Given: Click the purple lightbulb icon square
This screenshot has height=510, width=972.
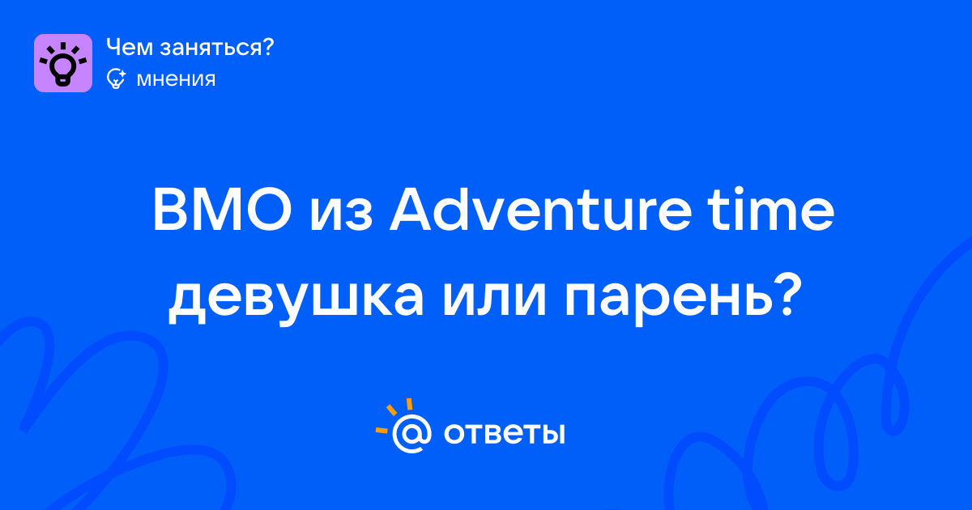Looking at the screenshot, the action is click(63, 63).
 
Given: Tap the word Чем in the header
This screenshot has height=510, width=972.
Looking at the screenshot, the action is click(130, 47).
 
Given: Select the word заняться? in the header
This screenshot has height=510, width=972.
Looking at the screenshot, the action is click(217, 49).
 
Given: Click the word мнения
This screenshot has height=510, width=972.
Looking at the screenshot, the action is click(176, 80).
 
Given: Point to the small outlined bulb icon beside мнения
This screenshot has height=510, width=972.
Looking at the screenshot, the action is click(117, 79).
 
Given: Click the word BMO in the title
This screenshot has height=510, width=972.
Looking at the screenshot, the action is click(222, 210).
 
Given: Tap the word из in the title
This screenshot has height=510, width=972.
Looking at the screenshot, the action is click(341, 215).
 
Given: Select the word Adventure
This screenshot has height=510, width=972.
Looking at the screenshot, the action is click(540, 210).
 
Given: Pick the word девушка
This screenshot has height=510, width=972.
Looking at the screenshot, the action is click(296, 300).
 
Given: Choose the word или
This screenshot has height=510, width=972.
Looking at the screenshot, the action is click(494, 300).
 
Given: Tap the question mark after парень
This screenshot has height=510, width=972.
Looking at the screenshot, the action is click(786, 294).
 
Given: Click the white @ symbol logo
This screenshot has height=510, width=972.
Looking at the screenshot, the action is click(411, 433).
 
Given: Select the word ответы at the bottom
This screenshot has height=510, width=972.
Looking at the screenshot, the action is click(504, 434).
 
